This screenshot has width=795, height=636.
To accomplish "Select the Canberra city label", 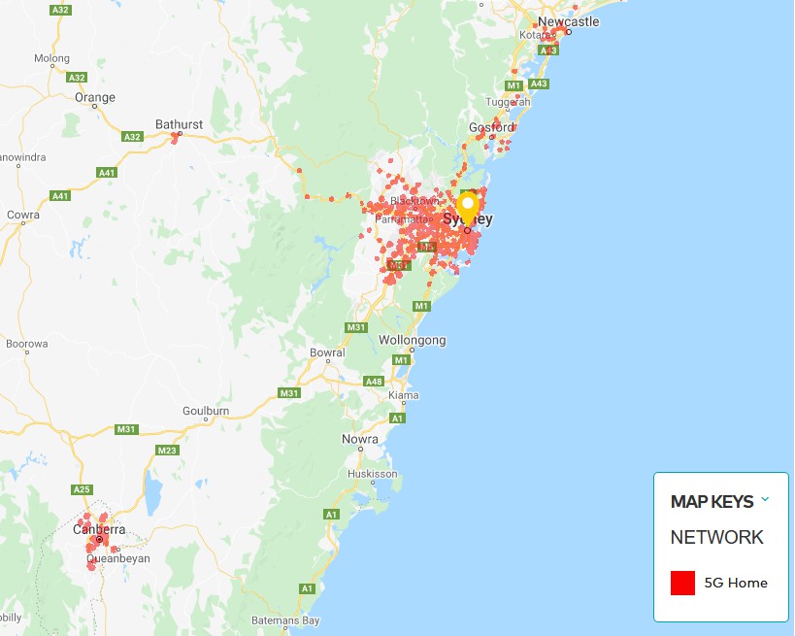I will pos(99,529).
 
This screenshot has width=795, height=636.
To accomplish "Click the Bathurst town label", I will pos(179,124).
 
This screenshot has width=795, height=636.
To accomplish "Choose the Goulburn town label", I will pos(206,411).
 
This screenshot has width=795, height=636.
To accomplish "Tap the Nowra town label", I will pos(360,440).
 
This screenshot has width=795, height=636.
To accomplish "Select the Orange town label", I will pos(95,97).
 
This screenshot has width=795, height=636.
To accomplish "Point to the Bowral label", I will pos(326,352).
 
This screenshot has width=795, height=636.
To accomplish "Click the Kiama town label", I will pos(403,396).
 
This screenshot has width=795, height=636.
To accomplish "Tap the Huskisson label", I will pos(373,474).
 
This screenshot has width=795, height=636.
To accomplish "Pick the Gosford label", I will pos(491,127).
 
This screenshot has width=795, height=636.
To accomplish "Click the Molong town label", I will pos(52,58).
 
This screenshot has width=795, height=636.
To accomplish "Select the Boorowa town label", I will pos(27,344).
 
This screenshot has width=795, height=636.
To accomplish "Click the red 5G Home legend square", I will pos(683,583).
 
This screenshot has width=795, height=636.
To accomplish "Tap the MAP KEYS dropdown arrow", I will pos(765,500).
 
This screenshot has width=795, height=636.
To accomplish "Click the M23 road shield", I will pos(167,450).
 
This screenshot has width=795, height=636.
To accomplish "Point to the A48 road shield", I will pos(374,382).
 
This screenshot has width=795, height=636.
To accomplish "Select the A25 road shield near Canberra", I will pos(83,489).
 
